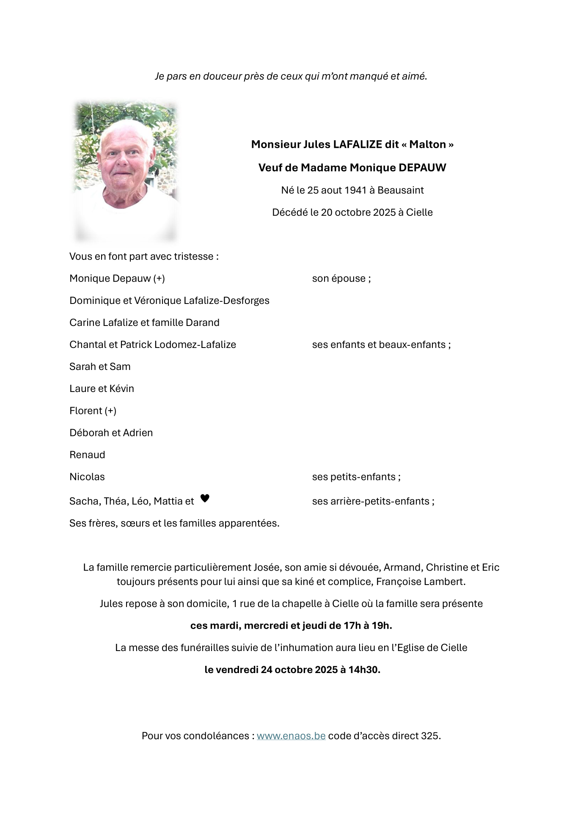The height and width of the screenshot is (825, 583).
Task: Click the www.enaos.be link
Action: pyautogui.click(x=291, y=736)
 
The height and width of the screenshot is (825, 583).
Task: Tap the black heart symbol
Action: pyautogui.click(x=205, y=498)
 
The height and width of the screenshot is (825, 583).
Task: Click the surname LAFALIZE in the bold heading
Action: pyautogui.click(x=357, y=144)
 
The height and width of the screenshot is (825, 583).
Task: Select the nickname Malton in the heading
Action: pyautogui.click(x=427, y=144)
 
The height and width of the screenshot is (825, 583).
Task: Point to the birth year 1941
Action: pyautogui.click(x=355, y=190)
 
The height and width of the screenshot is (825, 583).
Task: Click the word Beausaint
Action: pyautogui.click(x=400, y=190)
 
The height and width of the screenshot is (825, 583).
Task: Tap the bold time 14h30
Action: pyautogui.click(x=364, y=670)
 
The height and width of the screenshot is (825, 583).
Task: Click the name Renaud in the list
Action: pyautogui.click(x=87, y=455)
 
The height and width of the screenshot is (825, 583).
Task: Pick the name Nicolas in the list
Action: pyautogui.click(x=87, y=477)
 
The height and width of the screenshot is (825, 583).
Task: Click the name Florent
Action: pyautogui.click(x=86, y=411)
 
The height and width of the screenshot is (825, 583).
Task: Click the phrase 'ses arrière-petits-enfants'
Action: pyautogui.click(x=371, y=501)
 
